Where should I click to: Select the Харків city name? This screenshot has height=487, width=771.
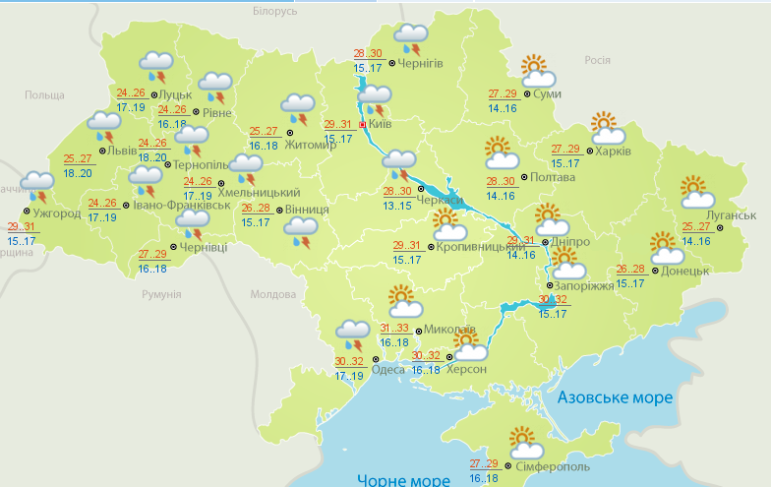coord(612,152)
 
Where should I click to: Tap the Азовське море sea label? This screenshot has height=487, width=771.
coord(615,397)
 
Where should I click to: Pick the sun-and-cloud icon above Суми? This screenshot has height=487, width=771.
coord(536,70)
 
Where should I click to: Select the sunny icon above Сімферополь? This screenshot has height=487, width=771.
coord(523,440)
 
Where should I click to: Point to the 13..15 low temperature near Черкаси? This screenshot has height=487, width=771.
coord(397,206)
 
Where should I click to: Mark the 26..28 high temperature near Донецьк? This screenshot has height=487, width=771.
coord(631,270)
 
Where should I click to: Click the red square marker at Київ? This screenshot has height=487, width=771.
coord(363,125)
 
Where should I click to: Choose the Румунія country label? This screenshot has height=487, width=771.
coord(161,294)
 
